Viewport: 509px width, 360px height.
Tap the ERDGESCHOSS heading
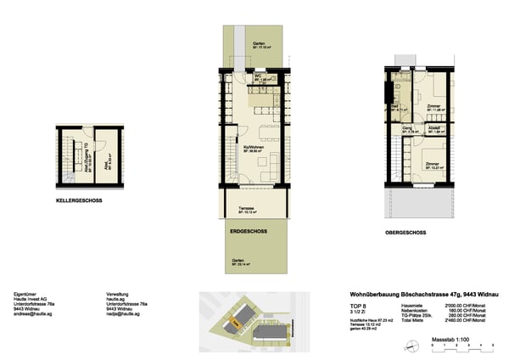[x=249, y=230]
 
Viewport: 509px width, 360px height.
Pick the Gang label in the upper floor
[x=407, y=130]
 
